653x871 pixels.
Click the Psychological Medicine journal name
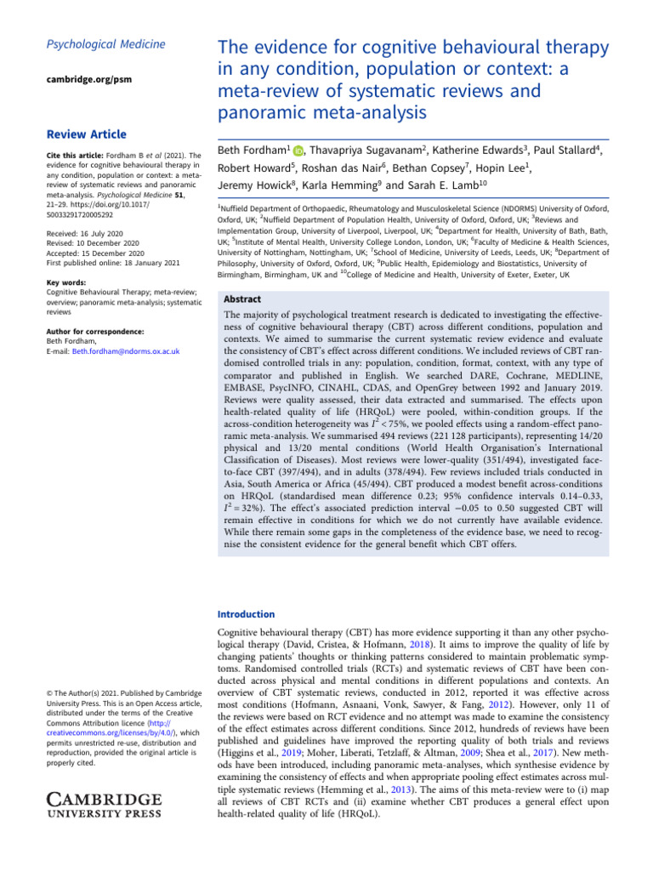tap(94, 45)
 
